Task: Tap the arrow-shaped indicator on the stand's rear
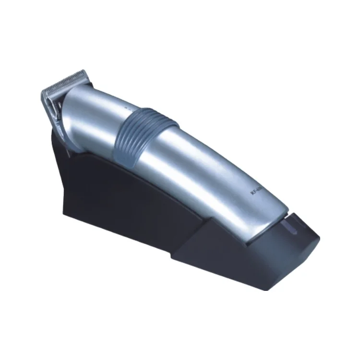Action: click(290, 223)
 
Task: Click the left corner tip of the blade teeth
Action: click(42, 91)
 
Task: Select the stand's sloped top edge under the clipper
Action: click(144, 166)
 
